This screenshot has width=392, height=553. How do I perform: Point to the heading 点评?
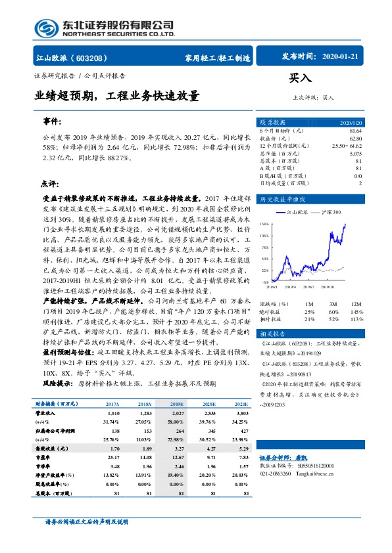[x=49, y=184]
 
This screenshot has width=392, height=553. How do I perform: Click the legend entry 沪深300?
[x=327, y=212]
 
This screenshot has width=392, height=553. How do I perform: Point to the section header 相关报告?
[x=273, y=333]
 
